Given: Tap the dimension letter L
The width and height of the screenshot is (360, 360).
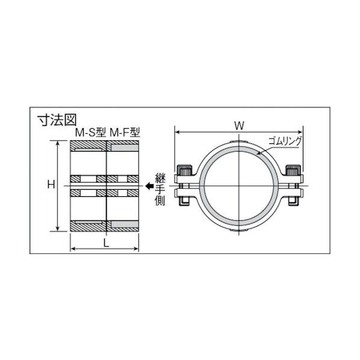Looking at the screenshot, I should [106, 242].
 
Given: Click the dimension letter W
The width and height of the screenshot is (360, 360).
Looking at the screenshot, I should [239, 125].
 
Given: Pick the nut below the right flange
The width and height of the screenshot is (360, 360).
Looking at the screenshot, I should [293, 202].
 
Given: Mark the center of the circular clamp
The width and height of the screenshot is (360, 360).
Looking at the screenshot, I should [239, 185].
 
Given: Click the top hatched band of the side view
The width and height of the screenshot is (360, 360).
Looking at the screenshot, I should [105, 146].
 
